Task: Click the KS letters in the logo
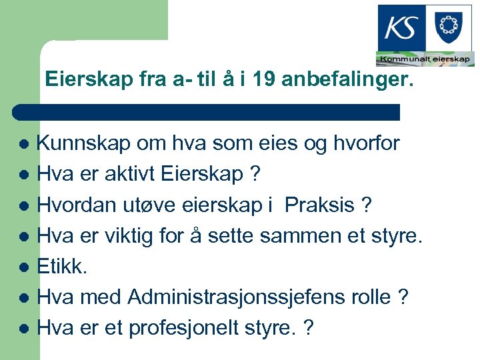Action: [x=402, y=29]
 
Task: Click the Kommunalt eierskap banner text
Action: [x=425, y=59]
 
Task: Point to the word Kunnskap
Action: [x=73, y=143]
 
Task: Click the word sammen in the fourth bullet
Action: [x=297, y=237]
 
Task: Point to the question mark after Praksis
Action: [x=365, y=206]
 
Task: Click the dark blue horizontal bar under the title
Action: [x=207, y=112]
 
